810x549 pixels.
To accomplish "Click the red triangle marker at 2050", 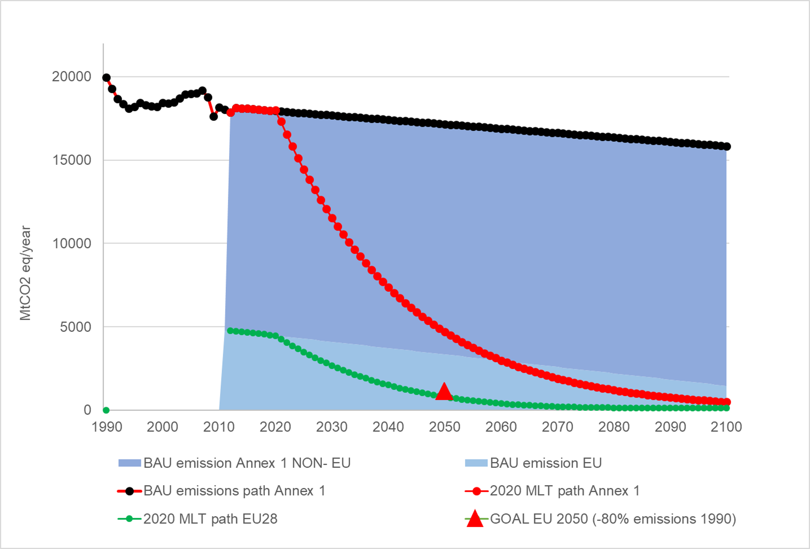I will click(x=444, y=392).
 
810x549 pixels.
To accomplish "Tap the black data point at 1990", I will click(x=106, y=78).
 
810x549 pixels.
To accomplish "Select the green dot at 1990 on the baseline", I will click(x=106, y=410).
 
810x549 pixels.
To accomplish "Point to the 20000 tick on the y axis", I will click(x=72, y=77).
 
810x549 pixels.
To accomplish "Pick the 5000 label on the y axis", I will click(x=75, y=327).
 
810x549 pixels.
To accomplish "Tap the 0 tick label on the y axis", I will click(x=87, y=410).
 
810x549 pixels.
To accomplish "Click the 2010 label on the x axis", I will click(x=219, y=427).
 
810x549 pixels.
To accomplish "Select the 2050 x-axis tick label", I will click(x=444, y=427).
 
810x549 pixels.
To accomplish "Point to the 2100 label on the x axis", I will click(x=726, y=427).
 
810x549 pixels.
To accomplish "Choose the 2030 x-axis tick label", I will click(x=332, y=427).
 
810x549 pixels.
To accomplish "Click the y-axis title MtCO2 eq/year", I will click(x=25, y=273).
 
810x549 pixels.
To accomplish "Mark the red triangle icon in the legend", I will click(x=475, y=519).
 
